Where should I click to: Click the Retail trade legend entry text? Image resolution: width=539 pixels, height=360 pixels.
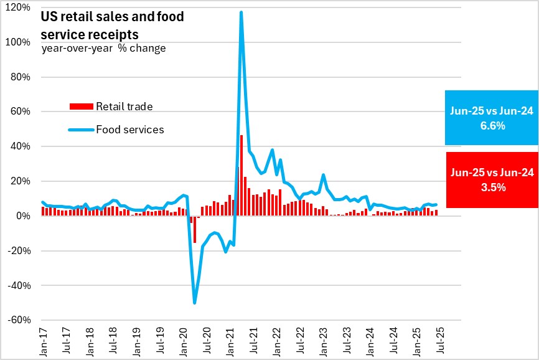click(124, 107)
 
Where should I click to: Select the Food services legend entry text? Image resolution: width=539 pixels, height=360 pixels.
click(129, 130)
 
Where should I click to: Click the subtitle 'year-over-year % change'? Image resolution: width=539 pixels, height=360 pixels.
click(103, 48)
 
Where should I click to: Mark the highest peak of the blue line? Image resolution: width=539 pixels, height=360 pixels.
click(241, 12)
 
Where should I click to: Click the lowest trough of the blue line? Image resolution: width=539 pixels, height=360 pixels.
click(195, 303)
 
